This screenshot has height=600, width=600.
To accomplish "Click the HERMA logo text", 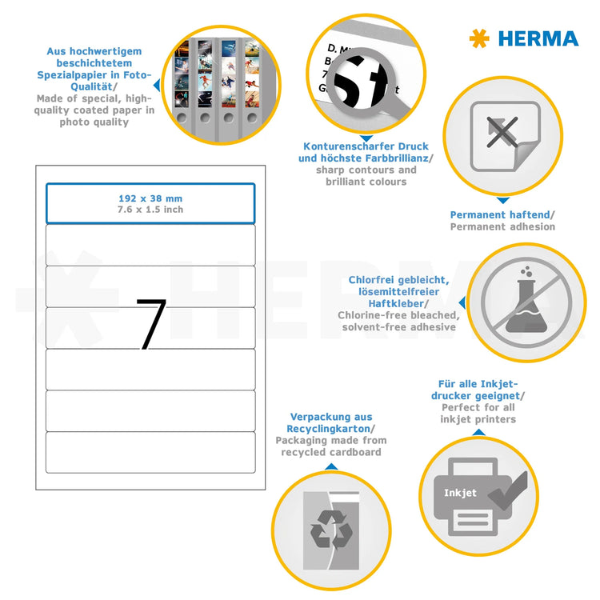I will click(538, 38).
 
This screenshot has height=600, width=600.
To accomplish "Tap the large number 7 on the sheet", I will click(150, 324).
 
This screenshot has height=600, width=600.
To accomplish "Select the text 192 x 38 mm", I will click(150, 198).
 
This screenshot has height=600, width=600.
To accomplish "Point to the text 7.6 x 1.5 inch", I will click(150, 210).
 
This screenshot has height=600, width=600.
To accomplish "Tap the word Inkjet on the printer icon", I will click(460, 493).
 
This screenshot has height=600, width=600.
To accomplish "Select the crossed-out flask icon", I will click(521, 300).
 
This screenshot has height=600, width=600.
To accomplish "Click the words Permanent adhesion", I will click(502, 227).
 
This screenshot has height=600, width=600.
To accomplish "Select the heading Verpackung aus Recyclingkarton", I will click(330, 423).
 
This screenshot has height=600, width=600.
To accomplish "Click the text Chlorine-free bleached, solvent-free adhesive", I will click(398, 321).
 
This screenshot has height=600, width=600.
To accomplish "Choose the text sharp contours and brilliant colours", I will click(366, 176).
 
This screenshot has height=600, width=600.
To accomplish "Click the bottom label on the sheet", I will click(150, 452).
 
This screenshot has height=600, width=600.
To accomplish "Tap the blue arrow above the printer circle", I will click(478, 432).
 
